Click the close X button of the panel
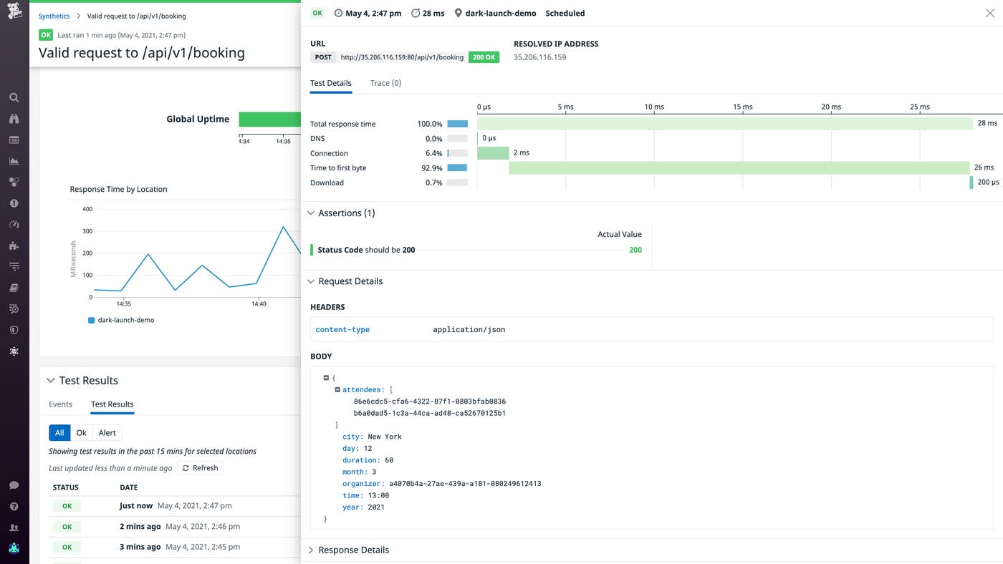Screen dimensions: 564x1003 [x=990, y=13]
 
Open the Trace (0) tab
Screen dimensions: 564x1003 [x=385, y=83]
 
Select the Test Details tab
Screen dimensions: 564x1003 [x=330, y=83]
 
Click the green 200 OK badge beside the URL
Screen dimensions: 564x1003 [x=484, y=57]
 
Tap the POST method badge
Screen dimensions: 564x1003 [x=323, y=57]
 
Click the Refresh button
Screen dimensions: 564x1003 [x=200, y=468]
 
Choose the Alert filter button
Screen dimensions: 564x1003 [x=107, y=433]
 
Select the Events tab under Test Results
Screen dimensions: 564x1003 [x=60, y=404]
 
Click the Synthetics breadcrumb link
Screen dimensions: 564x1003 [x=54, y=16]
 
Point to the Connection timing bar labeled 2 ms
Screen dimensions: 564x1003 [x=493, y=153]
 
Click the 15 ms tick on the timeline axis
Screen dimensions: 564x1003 [x=742, y=107]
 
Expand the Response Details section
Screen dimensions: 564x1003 [x=353, y=550]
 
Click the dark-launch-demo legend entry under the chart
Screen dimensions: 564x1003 [x=125, y=320]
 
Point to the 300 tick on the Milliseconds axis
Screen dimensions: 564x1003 [x=87, y=231]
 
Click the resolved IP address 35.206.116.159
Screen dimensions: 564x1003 [x=539, y=57]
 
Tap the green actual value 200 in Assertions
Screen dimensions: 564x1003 [x=635, y=250]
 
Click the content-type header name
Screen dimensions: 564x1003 [x=342, y=330]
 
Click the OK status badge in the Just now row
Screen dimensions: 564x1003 [x=67, y=506]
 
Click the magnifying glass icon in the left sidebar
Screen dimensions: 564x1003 [x=14, y=97]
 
